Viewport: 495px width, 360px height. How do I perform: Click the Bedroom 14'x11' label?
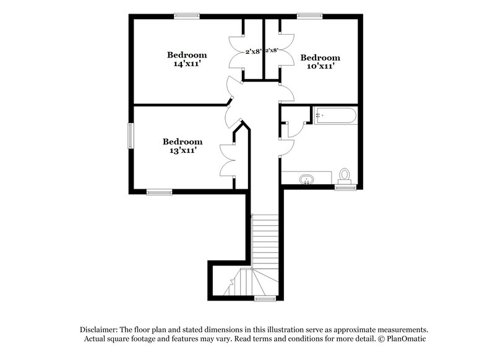pyautogui.click(x=186, y=59)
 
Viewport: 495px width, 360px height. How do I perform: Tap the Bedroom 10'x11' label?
pyautogui.click(x=320, y=61)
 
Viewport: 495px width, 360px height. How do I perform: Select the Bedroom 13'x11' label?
pyautogui.click(x=182, y=146)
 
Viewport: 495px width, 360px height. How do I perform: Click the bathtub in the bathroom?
pyautogui.click(x=335, y=116)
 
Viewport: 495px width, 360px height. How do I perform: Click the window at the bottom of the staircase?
pyautogui.click(x=265, y=299)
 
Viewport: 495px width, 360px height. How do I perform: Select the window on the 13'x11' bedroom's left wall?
pyautogui.click(x=131, y=135)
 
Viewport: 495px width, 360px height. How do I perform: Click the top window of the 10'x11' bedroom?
pyautogui.click(x=306, y=16)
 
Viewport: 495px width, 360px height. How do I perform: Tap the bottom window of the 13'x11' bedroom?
pyautogui.click(x=159, y=192)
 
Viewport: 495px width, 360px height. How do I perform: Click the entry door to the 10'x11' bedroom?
pyautogui.click(x=286, y=93)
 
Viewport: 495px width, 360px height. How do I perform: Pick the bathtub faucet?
pyautogui.click(x=319, y=115)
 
